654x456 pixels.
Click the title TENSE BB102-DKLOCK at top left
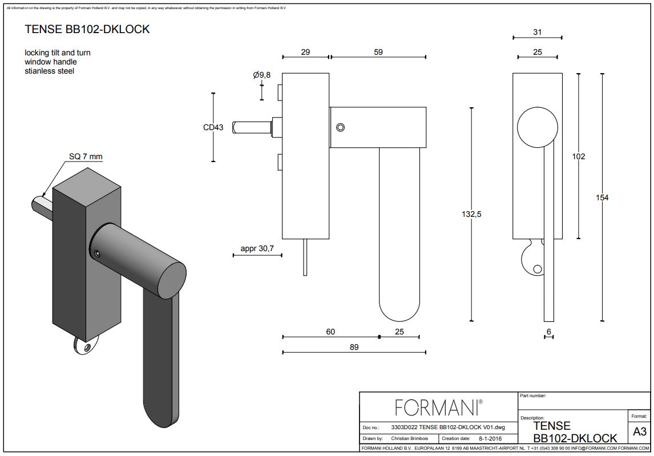click(x=87, y=29)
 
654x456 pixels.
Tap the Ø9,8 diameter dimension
click(x=261, y=75)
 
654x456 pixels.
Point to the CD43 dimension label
click(x=213, y=127)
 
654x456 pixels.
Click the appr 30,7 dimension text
click(x=257, y=249)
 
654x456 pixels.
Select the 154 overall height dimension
click(x=601, y=197)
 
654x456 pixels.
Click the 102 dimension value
click(x=578, y=156)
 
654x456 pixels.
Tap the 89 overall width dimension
click(x=354, y=347)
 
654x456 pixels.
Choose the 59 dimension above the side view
click(x=378, y=52)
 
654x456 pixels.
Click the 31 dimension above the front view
click(x=537, y=33)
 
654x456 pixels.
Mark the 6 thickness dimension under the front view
click(x=548, y=332)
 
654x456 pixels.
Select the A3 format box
click(x=639, y=432)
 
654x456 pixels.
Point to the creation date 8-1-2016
click(x=487, y=438)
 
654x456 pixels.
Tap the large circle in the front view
click(x=537, y=127)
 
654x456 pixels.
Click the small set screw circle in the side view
click(x=340, y=127)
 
